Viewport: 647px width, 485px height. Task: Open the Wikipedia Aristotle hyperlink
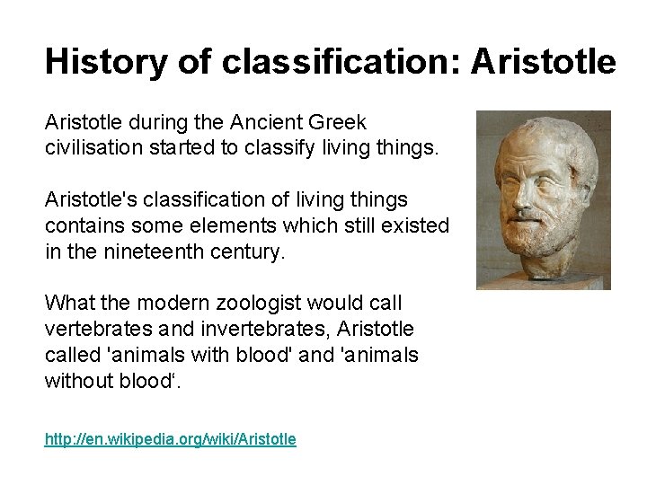click(170, 439)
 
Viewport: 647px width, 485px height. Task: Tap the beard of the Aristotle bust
click(534, 235)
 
